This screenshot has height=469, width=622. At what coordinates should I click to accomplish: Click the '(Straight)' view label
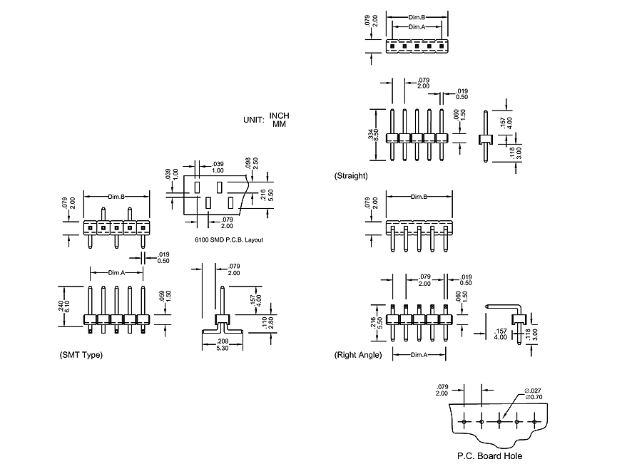coord(351,175)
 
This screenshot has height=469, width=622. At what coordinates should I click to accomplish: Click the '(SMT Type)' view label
coord(81,354)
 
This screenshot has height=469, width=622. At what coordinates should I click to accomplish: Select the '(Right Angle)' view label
coord(358,354)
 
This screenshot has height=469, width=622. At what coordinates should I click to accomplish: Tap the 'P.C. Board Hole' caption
coord(489,455)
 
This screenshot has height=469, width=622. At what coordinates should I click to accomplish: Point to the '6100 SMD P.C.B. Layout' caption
coord(229,239)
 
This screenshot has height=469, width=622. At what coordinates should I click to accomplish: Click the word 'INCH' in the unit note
coord(280,116)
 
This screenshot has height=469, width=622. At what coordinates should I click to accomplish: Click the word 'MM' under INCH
coord(279,124)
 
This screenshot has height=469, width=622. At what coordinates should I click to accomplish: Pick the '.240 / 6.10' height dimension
coord(66,306)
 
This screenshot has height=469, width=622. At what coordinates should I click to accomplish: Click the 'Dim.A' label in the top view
coord(418,26)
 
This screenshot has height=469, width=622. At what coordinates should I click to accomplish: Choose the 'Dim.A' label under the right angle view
coord(419,354)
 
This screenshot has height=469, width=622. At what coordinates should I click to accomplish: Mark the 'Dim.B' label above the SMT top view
coord(116,196)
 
